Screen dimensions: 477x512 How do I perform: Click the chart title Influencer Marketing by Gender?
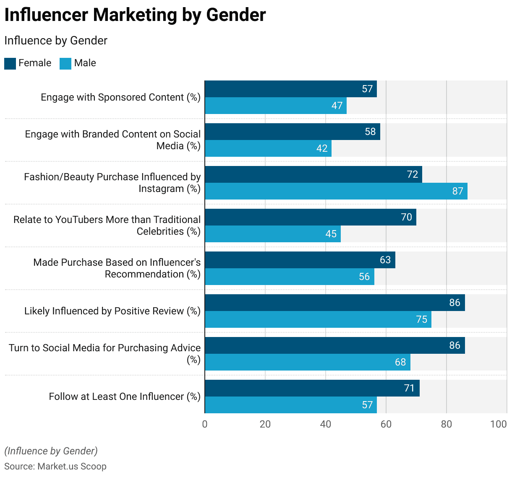135,15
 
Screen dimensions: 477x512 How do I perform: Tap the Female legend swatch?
10,64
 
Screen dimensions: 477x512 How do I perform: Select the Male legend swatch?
65,64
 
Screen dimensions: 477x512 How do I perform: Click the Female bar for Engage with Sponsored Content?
290,89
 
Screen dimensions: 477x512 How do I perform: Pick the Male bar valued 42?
268,148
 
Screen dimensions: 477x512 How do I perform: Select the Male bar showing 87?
336,191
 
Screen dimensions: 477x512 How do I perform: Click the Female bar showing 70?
311,217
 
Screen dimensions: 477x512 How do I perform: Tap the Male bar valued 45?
273,234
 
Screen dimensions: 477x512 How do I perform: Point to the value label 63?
385,260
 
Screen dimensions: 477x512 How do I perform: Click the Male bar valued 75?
318,319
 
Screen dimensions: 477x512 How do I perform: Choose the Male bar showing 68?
307,362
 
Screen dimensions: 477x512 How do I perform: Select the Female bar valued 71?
312,388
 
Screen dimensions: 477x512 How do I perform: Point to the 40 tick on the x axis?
326,424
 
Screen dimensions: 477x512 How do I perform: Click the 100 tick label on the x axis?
499,424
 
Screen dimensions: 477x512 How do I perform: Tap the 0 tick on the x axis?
205,424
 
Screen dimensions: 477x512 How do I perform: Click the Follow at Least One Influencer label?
125,397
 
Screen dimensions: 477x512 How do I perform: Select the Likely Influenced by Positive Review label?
112,311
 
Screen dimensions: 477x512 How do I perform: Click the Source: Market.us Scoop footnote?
55,467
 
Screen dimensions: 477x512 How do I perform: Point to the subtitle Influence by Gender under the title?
56,41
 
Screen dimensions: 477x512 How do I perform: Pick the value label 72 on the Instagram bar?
413,174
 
